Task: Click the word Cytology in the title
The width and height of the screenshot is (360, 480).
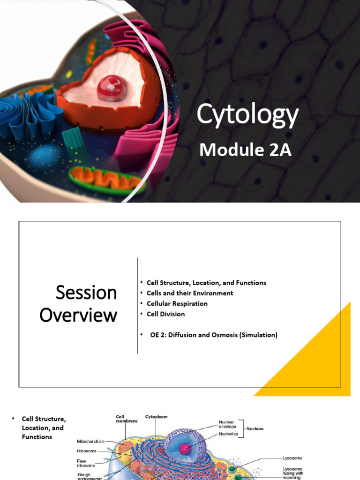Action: coord(247,115)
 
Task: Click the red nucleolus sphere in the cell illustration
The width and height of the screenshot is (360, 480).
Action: coord(112,88)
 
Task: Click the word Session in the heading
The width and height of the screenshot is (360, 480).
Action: coord(86,292)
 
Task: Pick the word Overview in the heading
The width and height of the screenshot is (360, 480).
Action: coord(78,315)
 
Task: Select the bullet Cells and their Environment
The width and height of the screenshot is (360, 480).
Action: coord(189,293)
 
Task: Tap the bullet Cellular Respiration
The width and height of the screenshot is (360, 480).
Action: coord(177,303)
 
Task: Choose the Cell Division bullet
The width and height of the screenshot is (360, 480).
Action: coord(165,314)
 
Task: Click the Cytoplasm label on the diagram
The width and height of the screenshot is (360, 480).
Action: coord(156,416)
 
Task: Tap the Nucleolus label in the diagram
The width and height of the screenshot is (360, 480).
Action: coord(228,434)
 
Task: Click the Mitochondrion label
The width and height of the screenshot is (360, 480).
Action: coord(90,441)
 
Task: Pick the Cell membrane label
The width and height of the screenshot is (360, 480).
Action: coord(127,419)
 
